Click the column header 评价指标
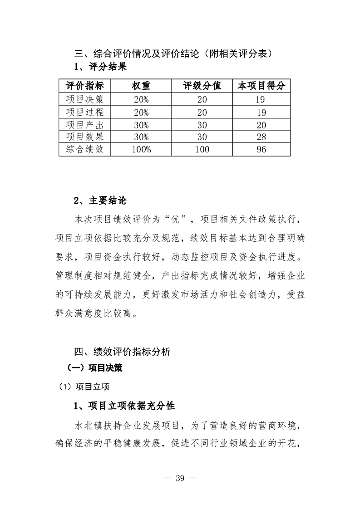point(85,87)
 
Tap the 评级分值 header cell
point(202,87)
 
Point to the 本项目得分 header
point(261,87)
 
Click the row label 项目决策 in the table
point(85,100)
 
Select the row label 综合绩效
point(85,149)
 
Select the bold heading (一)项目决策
point(94,368)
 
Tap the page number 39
point(180,480)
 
